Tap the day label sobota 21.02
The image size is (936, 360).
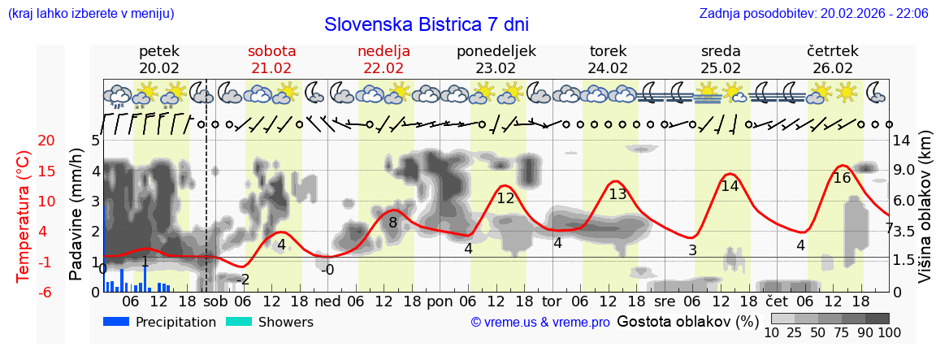271,59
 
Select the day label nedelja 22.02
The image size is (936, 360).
383,59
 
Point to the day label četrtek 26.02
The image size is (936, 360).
832,59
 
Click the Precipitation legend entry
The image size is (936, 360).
160,322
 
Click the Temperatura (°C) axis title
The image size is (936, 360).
24,216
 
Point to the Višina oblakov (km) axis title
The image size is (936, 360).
924,216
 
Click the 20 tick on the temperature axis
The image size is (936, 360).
24,141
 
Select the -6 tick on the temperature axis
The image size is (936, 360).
24,292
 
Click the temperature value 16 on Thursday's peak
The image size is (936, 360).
842,178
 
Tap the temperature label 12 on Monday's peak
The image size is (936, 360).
505,197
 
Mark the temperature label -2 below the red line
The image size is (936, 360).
242,280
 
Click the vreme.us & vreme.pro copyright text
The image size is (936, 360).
540,323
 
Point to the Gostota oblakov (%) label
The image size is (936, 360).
680,321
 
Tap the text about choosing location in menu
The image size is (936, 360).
90,14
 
